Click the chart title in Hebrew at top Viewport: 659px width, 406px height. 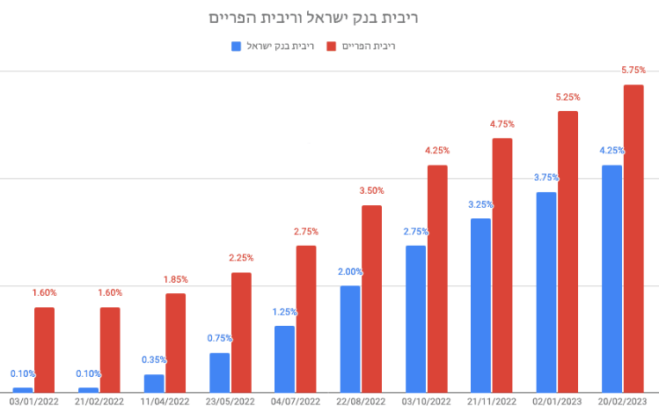coord(326,18)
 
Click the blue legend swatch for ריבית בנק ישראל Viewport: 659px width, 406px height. coord(236,46)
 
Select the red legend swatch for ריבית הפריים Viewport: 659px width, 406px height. coord(332,46)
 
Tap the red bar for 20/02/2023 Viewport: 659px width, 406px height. coord(633,238)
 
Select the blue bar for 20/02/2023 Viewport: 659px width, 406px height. coord(611,278)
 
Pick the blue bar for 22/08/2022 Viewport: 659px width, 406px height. coord(350,338)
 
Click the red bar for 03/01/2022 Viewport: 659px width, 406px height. coord(44,350)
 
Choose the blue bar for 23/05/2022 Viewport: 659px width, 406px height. coord(219,373)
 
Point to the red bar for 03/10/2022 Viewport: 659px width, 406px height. coord(437,278)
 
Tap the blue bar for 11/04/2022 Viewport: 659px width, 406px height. coord(154,383)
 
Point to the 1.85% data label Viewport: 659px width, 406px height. coord(176,279)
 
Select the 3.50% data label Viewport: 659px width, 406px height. coord(372,190)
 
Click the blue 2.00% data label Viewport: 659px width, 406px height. coord(350,271)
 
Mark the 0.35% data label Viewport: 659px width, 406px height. coord(154,360)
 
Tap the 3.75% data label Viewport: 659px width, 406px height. coord(546,177)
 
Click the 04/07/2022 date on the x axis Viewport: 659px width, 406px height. coord(295,401)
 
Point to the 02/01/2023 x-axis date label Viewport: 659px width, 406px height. coord(557,401)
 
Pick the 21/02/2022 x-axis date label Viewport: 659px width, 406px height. coord(99,401)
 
